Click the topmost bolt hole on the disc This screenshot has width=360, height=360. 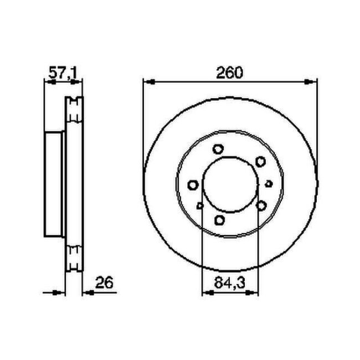click(218, 149)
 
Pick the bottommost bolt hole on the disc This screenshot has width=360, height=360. click(220, 221)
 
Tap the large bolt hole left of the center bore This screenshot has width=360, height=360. click(193, 185)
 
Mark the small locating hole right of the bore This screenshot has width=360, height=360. click(269, 183)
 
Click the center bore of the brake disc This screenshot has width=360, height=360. click(230, 186)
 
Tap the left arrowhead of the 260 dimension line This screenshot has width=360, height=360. click(148, 82)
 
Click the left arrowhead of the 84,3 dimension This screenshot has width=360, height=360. click(206, 292)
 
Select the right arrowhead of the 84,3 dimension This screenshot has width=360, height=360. click(255, 292)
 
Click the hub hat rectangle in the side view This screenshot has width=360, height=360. click(54, 186)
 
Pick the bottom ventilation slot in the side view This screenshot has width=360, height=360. click(74, 260)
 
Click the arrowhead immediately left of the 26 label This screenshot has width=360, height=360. click(86, 292)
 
